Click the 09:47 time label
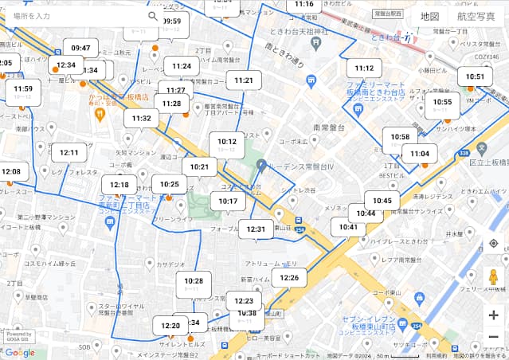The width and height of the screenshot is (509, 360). [80, 48]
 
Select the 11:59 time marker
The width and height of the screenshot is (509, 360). [23, 88]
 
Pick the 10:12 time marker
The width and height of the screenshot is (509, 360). [227, 142]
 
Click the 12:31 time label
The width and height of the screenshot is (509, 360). [256, 229]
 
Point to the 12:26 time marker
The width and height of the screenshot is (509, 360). [289, 278]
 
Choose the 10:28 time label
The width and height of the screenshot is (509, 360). [194, 280]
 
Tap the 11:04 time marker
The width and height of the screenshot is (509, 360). [420, 154]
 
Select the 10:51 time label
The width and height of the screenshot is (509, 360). [476, 77]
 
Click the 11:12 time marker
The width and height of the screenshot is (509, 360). [365, 68]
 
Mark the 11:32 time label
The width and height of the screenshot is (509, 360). [142, 118]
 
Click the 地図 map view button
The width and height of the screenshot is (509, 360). [430, 16]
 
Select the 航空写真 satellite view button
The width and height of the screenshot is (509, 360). [476, 16]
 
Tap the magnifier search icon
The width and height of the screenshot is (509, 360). [153, 16]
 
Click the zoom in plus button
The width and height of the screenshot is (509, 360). [494, 315]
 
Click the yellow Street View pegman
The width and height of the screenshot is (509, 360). [494, 278]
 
